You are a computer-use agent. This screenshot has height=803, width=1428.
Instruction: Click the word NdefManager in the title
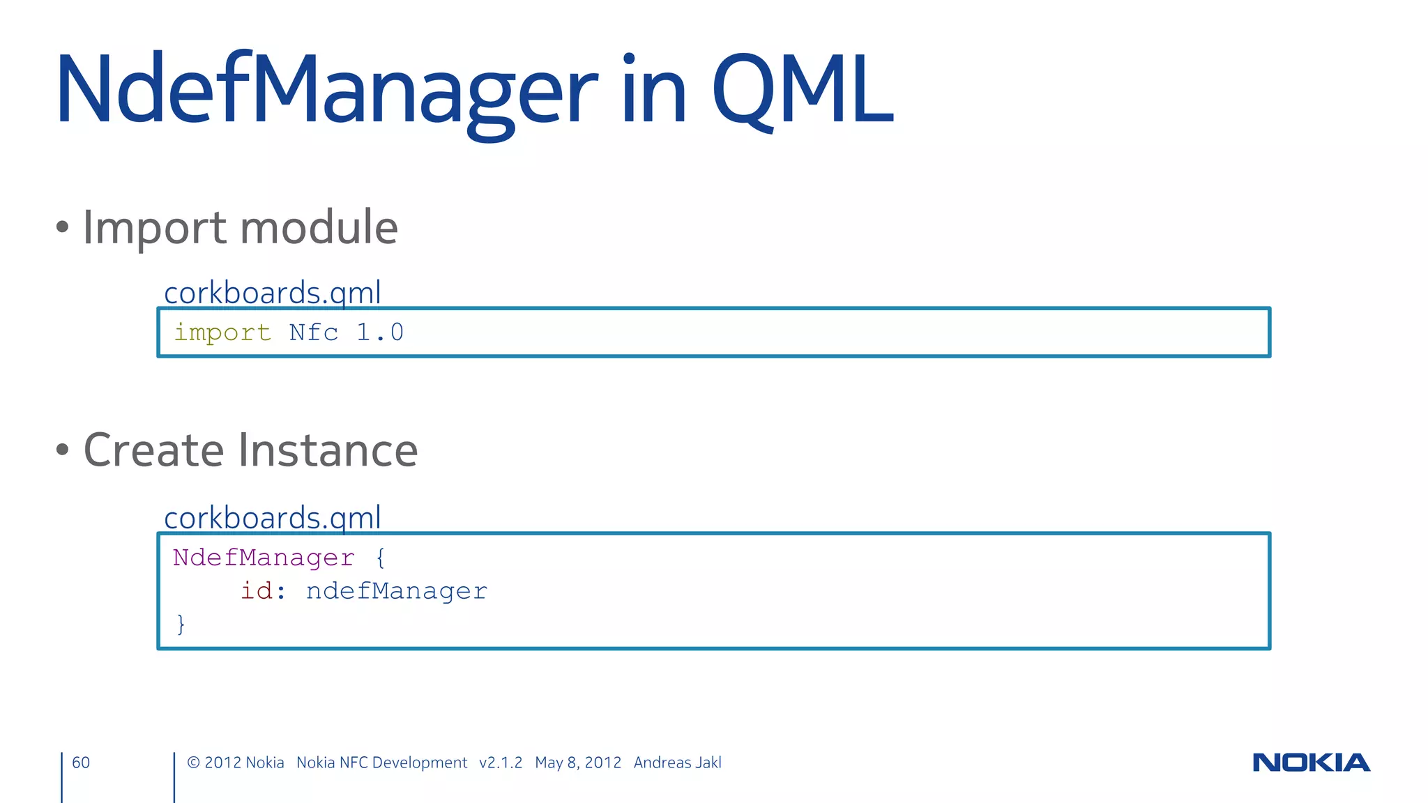coord(326,91)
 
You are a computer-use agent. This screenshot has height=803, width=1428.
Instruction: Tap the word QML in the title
coord(802,91)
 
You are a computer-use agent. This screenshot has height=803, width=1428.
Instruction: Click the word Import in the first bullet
coord(154,228)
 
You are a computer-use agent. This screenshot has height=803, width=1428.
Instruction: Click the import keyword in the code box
coord(222,332)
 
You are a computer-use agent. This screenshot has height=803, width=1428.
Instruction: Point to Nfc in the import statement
coord(314,332)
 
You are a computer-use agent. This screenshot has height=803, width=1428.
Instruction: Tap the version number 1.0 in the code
coord(380,332)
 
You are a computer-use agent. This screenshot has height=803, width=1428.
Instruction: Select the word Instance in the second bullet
coord(328,450)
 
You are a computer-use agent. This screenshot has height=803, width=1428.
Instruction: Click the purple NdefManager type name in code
coord(264,558)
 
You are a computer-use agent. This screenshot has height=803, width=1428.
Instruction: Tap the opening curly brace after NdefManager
coord(380,558)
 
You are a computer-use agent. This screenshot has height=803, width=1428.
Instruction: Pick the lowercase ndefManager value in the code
coord(396,591)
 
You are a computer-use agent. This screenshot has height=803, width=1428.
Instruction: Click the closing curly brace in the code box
coord(181,624)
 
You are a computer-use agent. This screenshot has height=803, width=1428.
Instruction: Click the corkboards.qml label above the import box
coord(272,293)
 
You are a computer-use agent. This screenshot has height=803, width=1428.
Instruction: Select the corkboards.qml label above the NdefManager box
coord(272,518)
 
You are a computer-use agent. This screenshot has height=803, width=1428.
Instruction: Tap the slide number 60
coord(81,763)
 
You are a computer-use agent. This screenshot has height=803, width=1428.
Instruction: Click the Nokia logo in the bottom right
coord(1311,763)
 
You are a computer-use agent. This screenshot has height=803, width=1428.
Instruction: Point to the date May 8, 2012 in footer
coord(577,763)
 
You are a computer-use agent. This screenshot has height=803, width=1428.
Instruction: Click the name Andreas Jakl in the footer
coord(677,763)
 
